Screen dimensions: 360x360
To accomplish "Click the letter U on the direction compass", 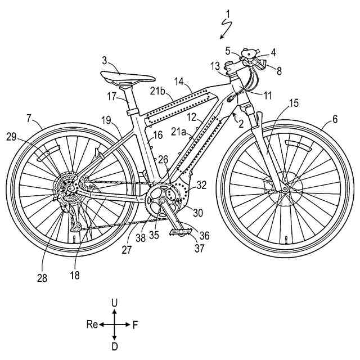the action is (115, 303).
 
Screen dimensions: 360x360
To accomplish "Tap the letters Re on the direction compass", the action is (93, 325).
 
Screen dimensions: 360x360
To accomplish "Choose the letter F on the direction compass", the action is (135, 325).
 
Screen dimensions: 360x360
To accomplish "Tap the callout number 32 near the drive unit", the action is (201, 183).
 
